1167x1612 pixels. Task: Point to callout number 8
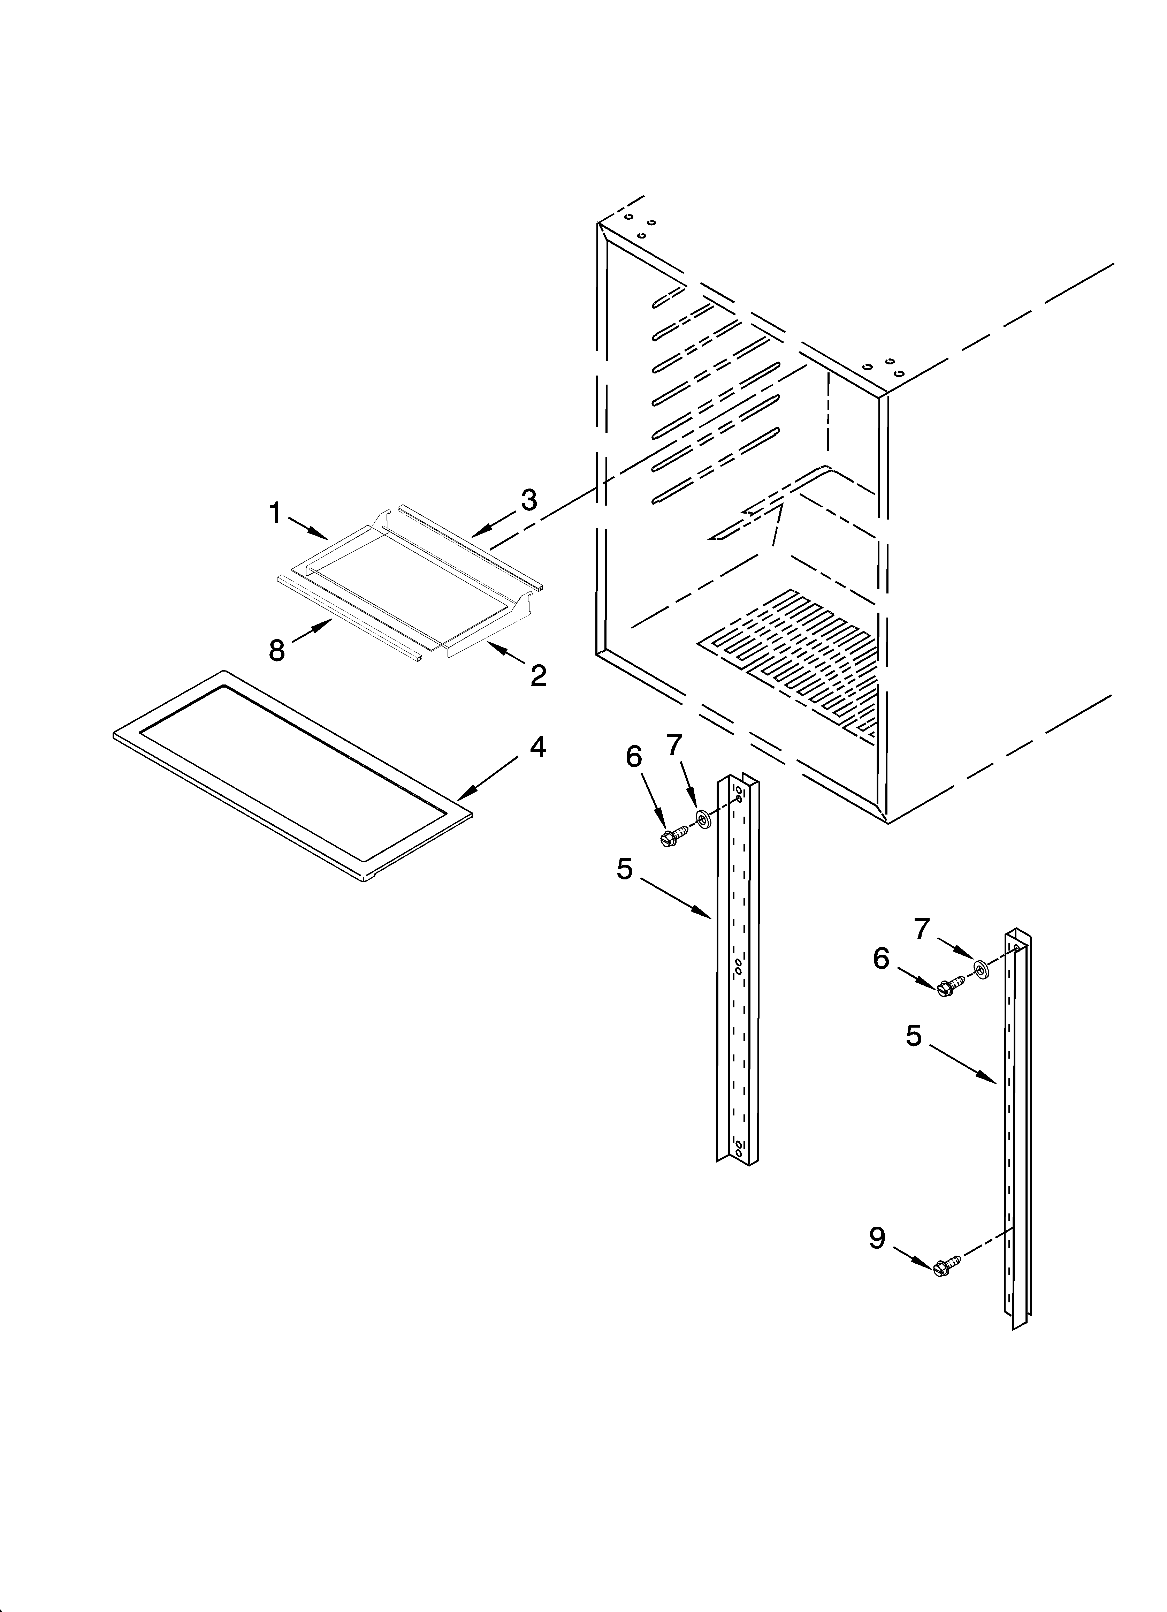[x=276, y=650]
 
